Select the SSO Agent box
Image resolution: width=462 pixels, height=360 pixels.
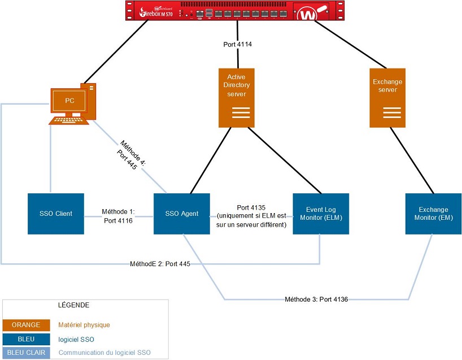[182, 214]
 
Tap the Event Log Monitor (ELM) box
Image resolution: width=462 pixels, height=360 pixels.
[321, 214]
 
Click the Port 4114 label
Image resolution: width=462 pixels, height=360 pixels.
[237, 44]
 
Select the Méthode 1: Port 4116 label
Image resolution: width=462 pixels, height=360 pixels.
[118, 215]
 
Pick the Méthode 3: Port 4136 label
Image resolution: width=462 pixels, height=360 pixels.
[316, 299]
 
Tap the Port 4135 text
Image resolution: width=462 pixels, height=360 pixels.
[251, 207]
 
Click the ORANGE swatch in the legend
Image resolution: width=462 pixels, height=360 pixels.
[26, 325]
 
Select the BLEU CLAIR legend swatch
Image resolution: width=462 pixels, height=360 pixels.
[26, 353]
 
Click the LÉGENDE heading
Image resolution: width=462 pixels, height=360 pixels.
[73, 305]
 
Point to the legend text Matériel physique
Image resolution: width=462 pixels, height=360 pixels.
[84, 325]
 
